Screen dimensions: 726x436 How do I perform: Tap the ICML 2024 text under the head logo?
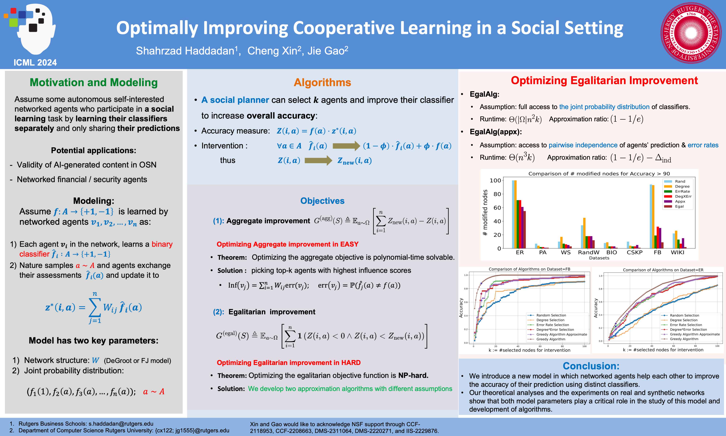coord(35,62)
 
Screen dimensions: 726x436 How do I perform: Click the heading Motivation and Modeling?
coord(94,82)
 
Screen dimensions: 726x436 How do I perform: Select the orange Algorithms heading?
coord(322,82)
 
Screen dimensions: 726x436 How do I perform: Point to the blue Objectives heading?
coord(322,201)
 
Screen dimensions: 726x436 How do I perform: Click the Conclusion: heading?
coord(591,366)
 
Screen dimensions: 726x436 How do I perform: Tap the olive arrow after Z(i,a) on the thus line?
coord(318,160)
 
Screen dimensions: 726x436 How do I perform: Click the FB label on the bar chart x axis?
coord(657,252)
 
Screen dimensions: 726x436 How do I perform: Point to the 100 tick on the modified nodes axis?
coord(495,180)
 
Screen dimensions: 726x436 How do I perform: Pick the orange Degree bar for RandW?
coord(584,233)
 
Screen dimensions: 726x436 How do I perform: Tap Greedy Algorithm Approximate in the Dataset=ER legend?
coord(695,334)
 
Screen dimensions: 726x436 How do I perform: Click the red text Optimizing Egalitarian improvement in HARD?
coord(288,363)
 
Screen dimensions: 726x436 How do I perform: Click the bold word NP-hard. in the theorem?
coord(413,376)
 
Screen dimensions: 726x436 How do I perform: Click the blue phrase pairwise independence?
coord(583,145)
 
